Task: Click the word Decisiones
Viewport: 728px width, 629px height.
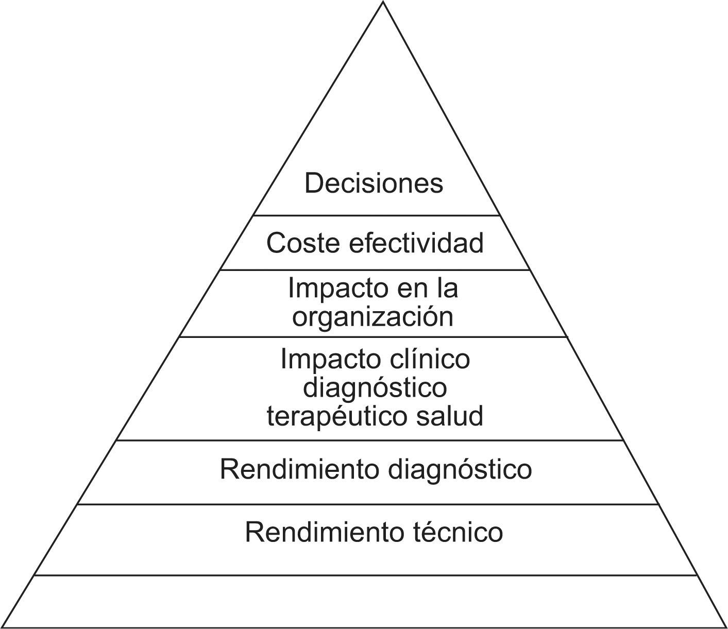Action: click(x=374, y=183)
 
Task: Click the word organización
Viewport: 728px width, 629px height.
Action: click(x=373, y=316)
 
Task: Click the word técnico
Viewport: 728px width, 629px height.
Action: click(x=458, y=532)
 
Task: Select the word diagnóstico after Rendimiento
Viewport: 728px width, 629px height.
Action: click(x=460, y=469)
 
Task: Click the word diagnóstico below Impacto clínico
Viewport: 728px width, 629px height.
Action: click(x=375, y=387)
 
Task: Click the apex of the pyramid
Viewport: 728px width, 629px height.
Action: click(x=383, y=3)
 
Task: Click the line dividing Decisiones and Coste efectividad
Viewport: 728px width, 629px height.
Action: click(x=376, y=215)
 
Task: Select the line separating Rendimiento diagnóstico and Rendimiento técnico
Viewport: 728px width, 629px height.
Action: click(x=368, y=504)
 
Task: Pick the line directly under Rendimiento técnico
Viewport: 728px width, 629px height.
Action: click(x=365, y=575)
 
